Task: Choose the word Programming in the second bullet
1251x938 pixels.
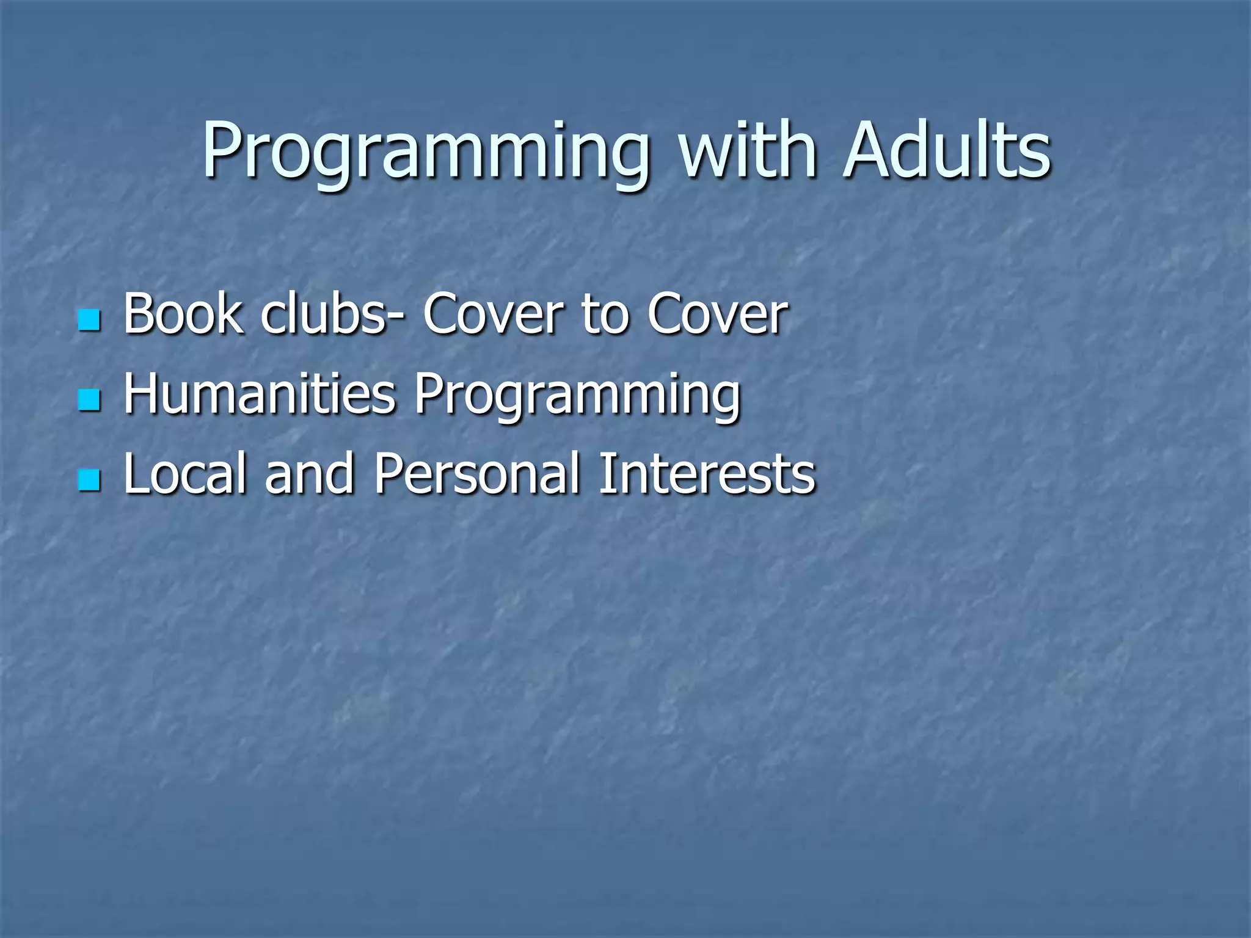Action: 577,396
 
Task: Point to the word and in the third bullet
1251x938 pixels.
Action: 310,473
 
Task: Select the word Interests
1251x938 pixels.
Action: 707,473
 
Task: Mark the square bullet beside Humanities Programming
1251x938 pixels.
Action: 89,400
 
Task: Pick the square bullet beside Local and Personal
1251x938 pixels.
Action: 89,480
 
